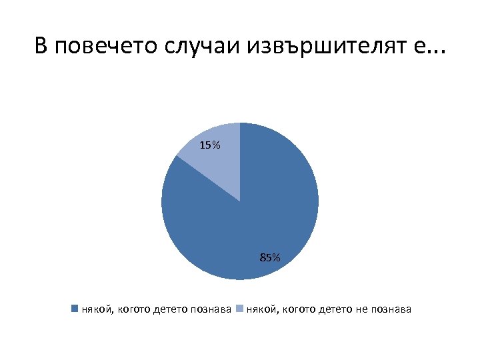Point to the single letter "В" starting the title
tap(41, 47)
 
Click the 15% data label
tap(209, 145)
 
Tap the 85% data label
tap(270, 257)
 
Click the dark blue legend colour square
tap(75, 309)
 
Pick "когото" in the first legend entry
tap(133, 309)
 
